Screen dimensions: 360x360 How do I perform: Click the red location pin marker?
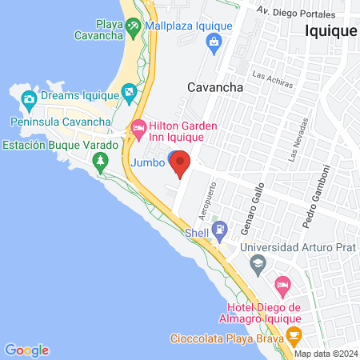pos(180,163)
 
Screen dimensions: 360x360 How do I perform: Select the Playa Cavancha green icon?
pos(133,26)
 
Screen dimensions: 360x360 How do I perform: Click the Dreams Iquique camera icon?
pos(30,100)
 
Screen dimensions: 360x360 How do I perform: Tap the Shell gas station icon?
pos(218,232)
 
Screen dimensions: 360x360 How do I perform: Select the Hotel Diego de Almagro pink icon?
pos(282,284)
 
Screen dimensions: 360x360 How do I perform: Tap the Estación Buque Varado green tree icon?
pos(100,162)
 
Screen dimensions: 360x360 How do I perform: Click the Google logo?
pos(26,350)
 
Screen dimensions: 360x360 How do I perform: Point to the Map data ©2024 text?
pos(324,353)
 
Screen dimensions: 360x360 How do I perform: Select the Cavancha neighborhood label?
pos(214,88)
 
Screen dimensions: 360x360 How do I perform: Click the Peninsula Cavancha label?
pos(61,122)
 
